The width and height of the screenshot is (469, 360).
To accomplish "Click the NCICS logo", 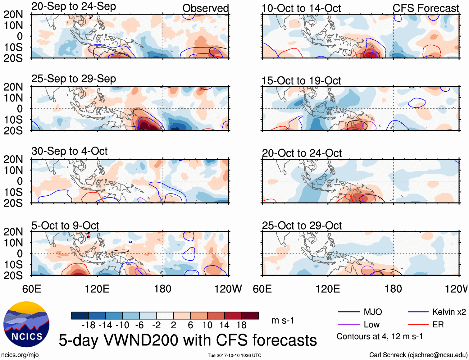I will tap(26, 324).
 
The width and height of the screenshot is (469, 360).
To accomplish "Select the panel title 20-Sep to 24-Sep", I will tap(74, 6).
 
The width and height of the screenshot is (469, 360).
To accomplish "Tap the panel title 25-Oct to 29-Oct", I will tap(302, 226).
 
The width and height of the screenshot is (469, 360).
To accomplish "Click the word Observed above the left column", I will tap(205, 8).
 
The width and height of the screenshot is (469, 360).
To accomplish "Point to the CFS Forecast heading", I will tap(426, 8).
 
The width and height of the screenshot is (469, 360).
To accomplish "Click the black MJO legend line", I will tap(348, 312).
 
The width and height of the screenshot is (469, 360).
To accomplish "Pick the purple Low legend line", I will tap(348, 325).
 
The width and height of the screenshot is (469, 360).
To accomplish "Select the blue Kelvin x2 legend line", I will tap(418, 312).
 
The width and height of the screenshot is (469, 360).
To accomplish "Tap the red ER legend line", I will tap(418, 325).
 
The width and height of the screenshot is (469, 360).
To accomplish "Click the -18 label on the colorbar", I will tap(88, 325).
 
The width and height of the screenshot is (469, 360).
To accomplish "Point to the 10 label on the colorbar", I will tap(207, 325).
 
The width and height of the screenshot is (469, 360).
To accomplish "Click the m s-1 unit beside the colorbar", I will tap(283, 320).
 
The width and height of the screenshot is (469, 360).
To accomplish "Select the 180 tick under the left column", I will tap(163, 289).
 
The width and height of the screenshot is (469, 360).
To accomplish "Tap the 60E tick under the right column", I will tap(262, 289).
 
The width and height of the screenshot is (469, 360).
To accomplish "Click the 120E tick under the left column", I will tap(97, 289).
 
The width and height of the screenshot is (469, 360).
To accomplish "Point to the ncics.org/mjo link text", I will tap(20, 355).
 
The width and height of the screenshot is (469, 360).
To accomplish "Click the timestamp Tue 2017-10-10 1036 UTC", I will tap(234, 355).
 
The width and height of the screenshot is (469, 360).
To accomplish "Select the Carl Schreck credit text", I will tap(418, 355).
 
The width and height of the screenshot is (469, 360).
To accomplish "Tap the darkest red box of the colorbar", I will tap(250, 316).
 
